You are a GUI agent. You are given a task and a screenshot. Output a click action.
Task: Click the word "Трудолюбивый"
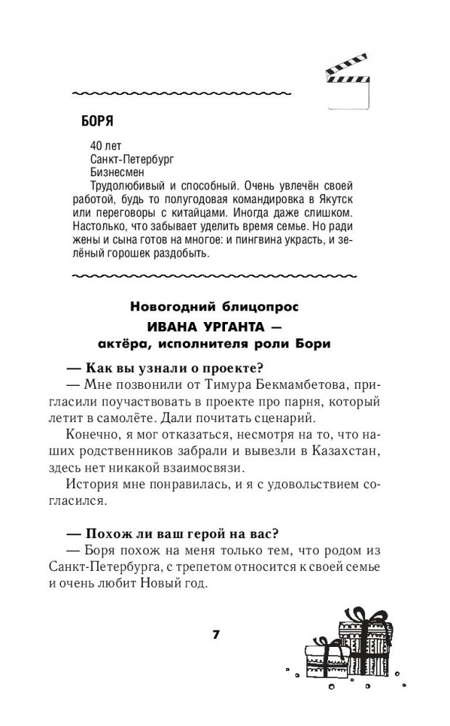coord(120,187)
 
